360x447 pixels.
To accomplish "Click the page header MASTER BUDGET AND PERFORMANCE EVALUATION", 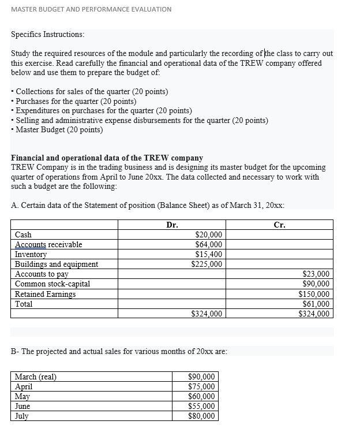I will coord(91,9).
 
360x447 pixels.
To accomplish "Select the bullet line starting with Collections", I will coord(92,92).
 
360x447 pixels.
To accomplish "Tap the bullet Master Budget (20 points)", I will coord(59,129).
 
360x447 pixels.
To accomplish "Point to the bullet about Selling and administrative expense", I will coord(141,120).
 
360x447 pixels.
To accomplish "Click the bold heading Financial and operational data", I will coord(107,158).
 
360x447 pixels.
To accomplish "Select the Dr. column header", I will coord(172,225).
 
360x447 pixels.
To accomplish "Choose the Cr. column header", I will coord(279,225).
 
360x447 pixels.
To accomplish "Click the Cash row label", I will coord(23,235).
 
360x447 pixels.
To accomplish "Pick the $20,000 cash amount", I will coord(209,235).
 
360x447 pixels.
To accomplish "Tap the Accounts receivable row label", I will coord(48,245).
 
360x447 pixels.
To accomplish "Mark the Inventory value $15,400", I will coord(209,255).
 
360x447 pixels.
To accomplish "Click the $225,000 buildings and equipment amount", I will coord(207,265).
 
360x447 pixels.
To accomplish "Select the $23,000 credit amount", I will coord(316,274).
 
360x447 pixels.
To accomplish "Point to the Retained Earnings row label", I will coord(45,294).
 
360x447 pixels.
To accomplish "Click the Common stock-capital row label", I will coord(52,284).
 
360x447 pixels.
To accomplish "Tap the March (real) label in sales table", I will coord(35,377).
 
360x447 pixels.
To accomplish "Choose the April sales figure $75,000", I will coord(201,387).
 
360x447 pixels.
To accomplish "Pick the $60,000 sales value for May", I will coord(201,397).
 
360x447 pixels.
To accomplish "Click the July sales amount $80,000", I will coord(201,416).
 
